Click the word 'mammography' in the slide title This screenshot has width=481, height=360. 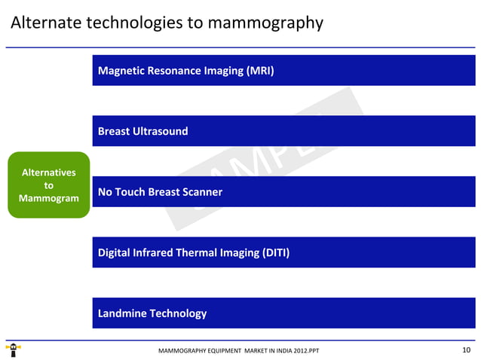click(x=265, y=23)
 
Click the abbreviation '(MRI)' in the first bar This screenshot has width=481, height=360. click(x=257, y=71)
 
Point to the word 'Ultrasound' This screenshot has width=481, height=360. click(x=161, y=131)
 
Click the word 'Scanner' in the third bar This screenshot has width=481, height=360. click(x=201, y=192)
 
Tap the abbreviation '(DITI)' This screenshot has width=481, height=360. click(x=274, y=252)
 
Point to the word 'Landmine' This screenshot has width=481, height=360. click(x=122, y=313)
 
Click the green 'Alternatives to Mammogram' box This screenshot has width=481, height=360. click(x=48, y=185)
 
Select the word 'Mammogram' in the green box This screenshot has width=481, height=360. click(x=48, y=198)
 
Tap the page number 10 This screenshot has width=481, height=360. click(x=465, y=349)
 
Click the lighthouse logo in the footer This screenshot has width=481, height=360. click(x=13, y=350)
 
